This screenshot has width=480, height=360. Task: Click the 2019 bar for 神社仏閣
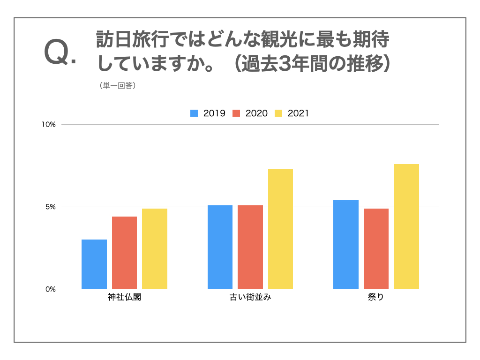pyautogui.click(x=94, y=264)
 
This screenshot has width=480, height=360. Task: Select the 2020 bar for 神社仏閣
pyautogui.click(x=124, y=253)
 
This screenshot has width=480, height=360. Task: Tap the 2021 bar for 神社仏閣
pyautogui.click(x=155, y=248)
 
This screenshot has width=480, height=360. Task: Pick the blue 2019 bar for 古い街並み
pyautogui.click(x=220, y=247)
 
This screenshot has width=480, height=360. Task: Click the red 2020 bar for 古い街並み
pyautogui.click(x=250, y=247)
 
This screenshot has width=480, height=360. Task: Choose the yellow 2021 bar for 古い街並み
pyautogui.click(x=280, y=229)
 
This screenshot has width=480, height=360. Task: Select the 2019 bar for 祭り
pyautogui.click(x=346, y=244)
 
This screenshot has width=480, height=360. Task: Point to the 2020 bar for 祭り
pyautogui.click(x=376, y=248)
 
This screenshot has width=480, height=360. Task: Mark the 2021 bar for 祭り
pyautogui.click(x=406, y=226)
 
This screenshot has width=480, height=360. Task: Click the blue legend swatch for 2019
pyautogui.click(x=194, y=113)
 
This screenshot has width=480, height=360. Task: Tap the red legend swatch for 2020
pyautogui.click(x=236, y=113)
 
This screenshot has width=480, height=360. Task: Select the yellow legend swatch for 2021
pyautogui.click(x=278, y=113)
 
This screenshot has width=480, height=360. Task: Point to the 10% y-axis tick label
pyautogui.click(x=49, y=125)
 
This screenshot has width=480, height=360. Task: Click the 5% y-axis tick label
pyautogui.click(x=51, y=207)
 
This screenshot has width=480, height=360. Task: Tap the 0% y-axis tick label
pyautogui.click(x=51, y=289)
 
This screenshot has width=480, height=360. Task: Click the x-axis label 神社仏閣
pyautogui.click(x=124, y=298)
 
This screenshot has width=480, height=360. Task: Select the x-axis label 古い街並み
pyautogui.click(x=250, y=298)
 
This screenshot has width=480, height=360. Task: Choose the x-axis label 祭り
pyautogui.click(x=376, y=298)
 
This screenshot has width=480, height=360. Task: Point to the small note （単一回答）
pyautogui.click(x=118, y=86)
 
